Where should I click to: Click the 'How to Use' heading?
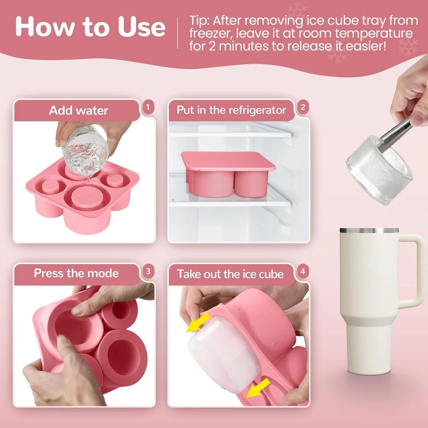pos(90,27)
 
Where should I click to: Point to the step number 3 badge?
pos(148,271)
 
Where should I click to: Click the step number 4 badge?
pos(303,271)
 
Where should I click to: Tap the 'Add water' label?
pos(79,110)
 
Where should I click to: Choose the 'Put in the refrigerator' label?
pos(231,110)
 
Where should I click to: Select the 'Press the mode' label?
pos(76,273)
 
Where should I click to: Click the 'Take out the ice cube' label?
pos(230,274)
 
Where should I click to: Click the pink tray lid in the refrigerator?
pos(228,161)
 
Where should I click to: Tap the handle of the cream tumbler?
pos(413,270)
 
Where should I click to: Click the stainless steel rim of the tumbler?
pos(369,231)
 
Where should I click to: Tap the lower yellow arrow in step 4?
pos(258,388)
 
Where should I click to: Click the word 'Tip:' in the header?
pos(199,21)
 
